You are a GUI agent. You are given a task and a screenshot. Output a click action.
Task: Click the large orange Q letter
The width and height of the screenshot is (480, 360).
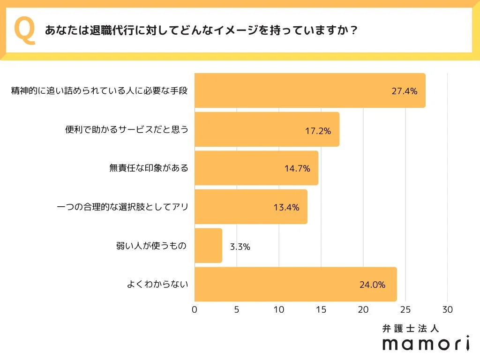tap(25, 30)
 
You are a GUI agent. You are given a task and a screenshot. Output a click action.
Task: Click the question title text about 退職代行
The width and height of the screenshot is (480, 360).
tap(202, 30)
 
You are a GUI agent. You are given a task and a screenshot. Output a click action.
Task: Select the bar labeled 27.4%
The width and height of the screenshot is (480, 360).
tap(309, 91)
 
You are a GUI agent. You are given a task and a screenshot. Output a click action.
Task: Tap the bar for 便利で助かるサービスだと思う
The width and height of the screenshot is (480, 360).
tap(266, 129)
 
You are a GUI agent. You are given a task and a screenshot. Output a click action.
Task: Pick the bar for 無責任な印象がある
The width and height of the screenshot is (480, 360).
tap(256, 168)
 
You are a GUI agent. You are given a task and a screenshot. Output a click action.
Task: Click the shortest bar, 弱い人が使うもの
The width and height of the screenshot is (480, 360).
tap(208, 246)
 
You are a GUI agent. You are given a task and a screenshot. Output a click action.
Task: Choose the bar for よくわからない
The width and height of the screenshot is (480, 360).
tap(295, 284)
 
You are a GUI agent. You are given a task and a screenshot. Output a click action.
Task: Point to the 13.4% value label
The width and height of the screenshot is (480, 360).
tap(286, 207)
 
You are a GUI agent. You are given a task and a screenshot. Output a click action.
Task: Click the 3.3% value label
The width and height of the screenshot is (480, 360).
tap(240, 247)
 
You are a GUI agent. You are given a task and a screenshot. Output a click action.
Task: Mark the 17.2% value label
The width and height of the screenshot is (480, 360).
tap(318, 131)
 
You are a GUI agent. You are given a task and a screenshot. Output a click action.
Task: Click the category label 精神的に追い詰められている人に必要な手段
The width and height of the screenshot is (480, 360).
tap(99, 91)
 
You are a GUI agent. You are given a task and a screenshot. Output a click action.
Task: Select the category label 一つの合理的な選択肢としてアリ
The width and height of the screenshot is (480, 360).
tap(122, 206)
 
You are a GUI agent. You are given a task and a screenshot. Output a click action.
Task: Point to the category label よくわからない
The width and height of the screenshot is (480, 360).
tap(157, 284)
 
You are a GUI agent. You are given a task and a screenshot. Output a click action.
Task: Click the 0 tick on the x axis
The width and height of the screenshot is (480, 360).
tap(195, 310)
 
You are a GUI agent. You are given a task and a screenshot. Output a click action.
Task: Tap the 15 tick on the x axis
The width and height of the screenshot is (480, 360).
tap(321, 310)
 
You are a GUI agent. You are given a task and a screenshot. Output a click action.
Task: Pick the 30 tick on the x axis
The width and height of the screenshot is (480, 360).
tap(448, 310)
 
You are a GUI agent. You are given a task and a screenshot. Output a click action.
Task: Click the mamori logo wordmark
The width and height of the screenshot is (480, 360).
tap(426, 344)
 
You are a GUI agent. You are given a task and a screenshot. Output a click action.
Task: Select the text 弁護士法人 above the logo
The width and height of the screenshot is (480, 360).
tap(411, 329)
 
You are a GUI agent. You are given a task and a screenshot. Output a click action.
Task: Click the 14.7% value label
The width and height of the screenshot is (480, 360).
tap(297, 169)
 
